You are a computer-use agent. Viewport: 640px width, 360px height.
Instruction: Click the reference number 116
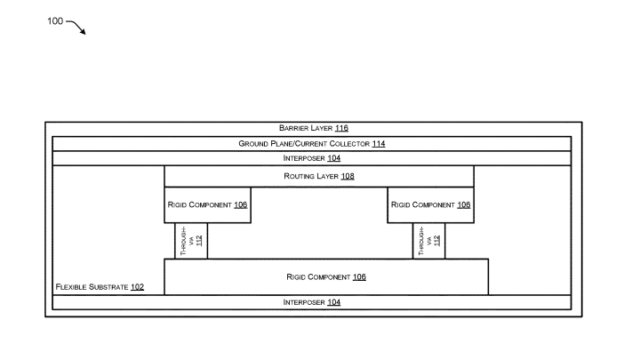point(342,129)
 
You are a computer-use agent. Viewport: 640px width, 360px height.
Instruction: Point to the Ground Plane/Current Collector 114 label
point(311,143)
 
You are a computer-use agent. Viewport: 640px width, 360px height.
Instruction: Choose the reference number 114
point(378,143)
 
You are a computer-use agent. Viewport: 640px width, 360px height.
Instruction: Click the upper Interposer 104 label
point(311,158)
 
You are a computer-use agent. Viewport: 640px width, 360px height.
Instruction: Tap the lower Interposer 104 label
point(311,302)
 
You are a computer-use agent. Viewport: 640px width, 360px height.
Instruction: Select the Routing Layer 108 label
point(318,176)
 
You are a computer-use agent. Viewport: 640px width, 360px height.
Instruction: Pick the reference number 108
point(348,176)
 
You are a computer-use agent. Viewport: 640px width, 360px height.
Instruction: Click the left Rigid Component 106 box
point(207,204)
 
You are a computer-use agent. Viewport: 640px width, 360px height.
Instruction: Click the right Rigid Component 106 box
point(430,204)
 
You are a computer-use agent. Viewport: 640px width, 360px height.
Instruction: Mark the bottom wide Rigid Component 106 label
point(325,276)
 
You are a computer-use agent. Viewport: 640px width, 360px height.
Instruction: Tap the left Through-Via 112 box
point(191,241)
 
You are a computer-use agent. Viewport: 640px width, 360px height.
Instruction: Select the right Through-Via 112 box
point(428,241)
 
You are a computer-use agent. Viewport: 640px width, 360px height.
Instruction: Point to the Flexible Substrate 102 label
point(100,287)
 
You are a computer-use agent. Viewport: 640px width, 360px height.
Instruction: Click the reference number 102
point(137,287)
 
